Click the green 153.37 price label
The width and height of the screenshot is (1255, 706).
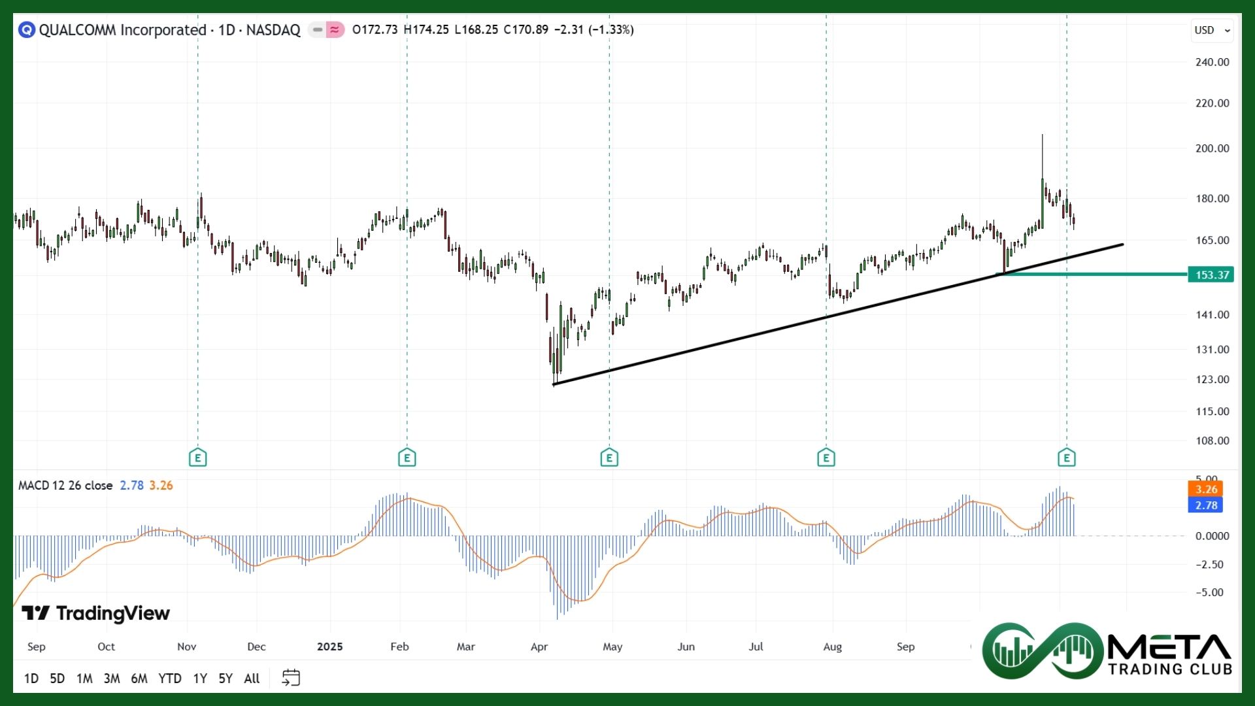coord(1211,275)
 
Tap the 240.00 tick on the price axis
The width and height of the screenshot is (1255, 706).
coord(1212,62)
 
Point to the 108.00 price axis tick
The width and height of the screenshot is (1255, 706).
coord(1212,441)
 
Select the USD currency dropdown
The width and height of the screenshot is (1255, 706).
coord(1212,30)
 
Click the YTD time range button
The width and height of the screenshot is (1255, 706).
coord(169,679)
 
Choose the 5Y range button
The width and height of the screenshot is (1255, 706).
coord(225,679)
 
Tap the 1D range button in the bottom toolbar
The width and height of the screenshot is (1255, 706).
coord(31,679)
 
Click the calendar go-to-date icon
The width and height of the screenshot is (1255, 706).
coord(291,678)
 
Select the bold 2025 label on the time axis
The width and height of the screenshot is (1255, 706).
coord(329,647)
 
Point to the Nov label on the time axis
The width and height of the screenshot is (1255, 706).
coord(186,647)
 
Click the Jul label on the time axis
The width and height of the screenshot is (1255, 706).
coord(756,647)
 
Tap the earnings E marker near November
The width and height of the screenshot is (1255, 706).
coord(197,458)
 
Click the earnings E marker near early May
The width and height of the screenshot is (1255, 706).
coord(609,458)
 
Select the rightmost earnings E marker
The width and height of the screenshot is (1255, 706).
coord(1067,458)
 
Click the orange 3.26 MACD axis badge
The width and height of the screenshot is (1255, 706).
coord(1205,489)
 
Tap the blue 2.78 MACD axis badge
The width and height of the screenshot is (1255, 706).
coord(1205,505)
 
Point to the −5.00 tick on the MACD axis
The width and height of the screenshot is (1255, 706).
coord(1209,592)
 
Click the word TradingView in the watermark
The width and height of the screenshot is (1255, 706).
coord(112,613)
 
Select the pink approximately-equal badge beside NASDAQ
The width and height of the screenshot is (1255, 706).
coord(335,29)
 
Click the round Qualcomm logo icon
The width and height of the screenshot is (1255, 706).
coord(26,29)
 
